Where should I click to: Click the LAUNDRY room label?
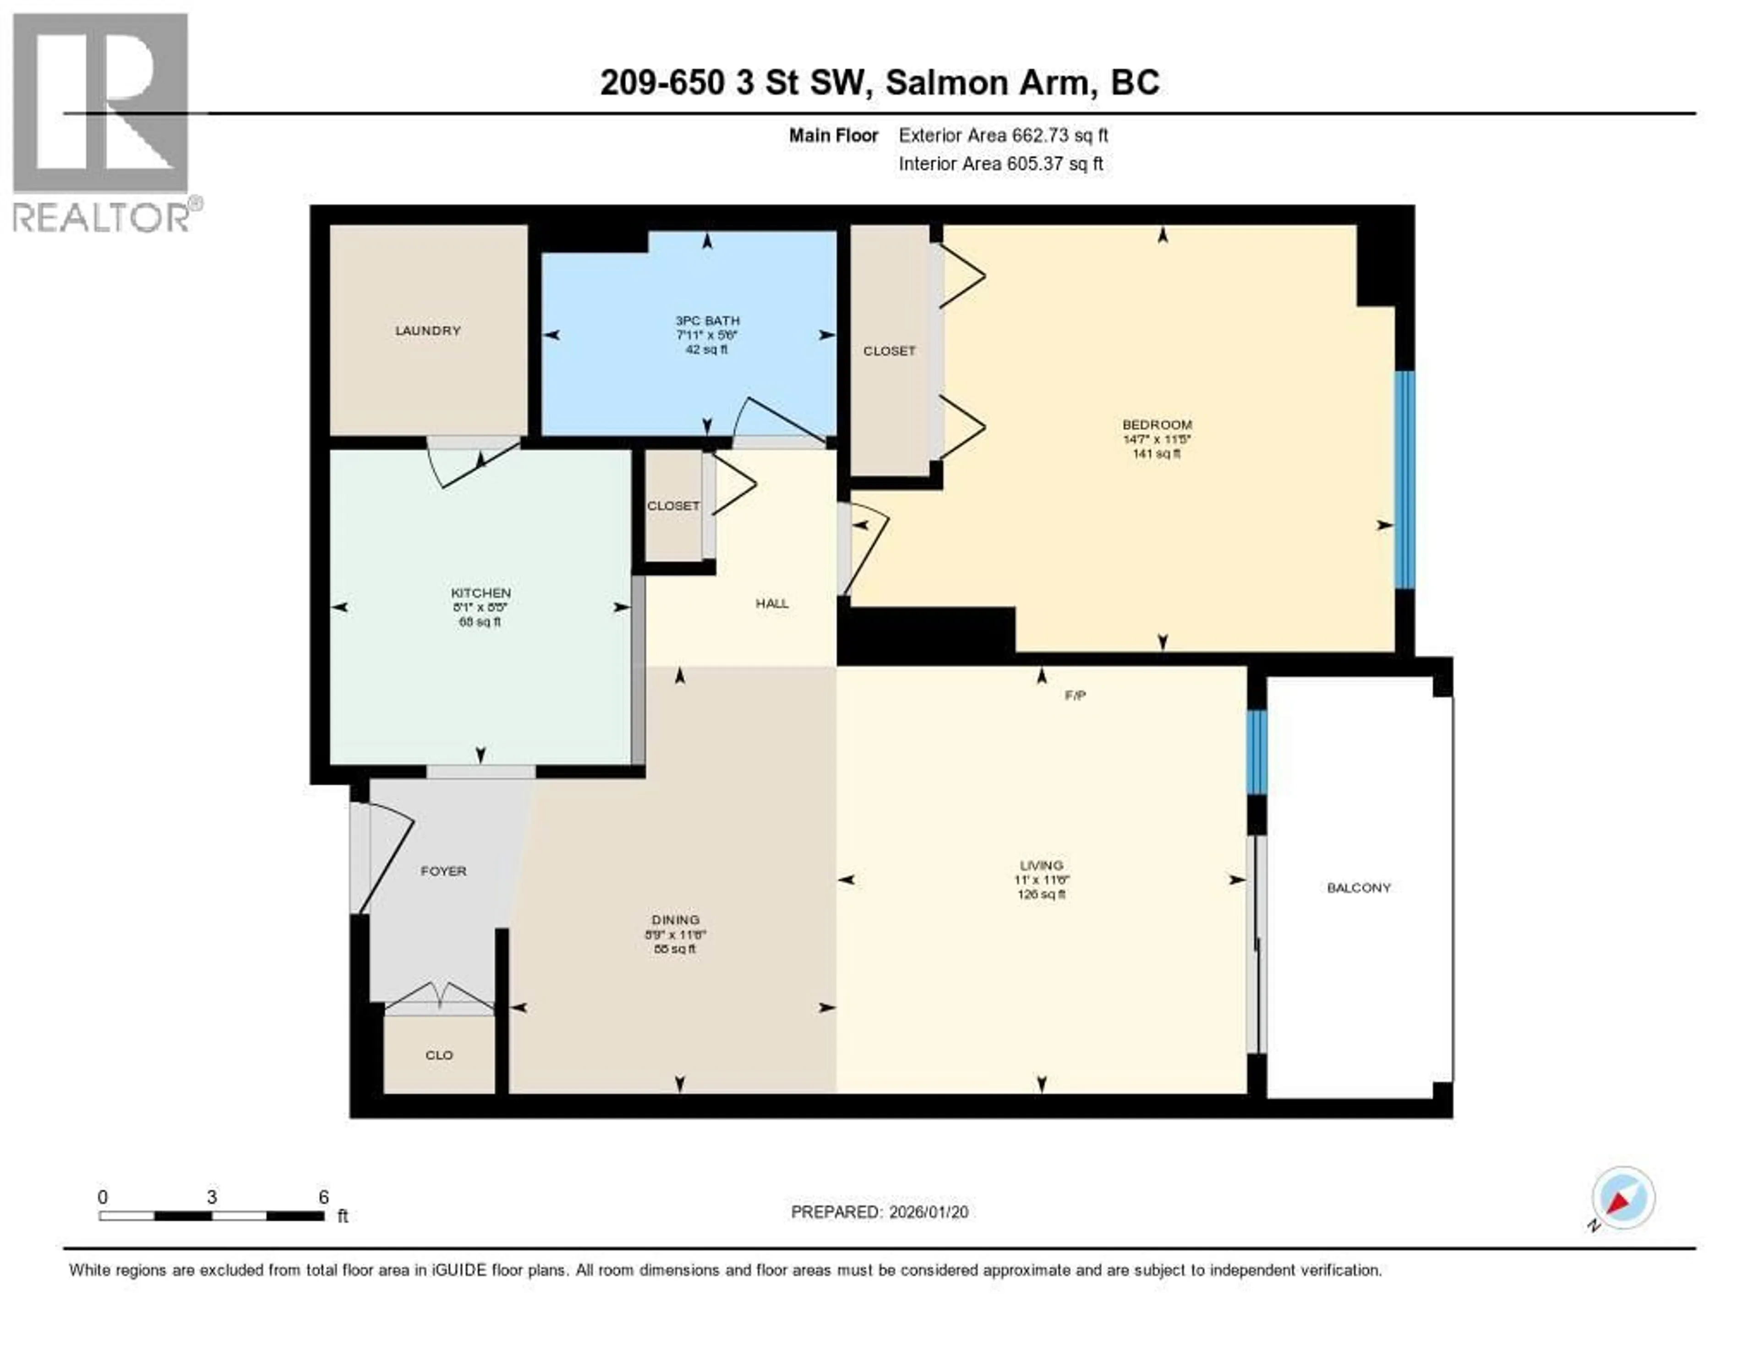click(428, 331)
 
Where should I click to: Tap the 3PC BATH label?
click(707, 320)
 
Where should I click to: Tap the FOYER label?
click(443, 871)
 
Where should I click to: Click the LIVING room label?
click(1041, 865)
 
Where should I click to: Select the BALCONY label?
click(1359, 888)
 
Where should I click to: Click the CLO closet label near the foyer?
click(439, 1055)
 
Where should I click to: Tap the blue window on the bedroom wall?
click(1404, 480)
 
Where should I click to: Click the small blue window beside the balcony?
click(1256, 752)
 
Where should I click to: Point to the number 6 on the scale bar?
click(323, 1197)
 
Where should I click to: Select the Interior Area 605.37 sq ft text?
click(1000, 164)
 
